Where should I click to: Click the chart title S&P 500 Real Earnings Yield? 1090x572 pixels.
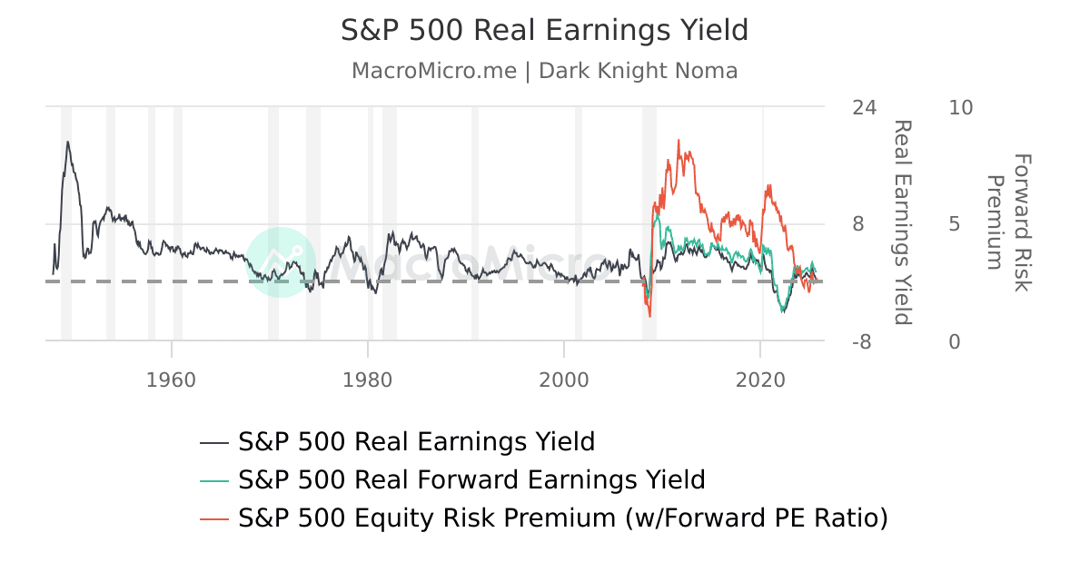click(x=544, y=30)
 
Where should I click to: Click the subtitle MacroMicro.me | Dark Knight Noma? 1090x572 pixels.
click(x=544, y=71)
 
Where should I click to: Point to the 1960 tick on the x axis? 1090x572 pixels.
click(x=171, y=378)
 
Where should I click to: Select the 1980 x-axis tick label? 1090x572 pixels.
click(x=367, y=378)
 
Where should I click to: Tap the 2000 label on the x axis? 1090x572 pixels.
click(x=564, y=378)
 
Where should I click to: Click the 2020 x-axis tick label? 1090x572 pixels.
click(x=760, y=378)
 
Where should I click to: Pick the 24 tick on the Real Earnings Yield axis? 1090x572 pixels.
click(x=865, y=107)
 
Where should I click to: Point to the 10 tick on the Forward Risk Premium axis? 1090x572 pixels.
click(x=960, y=107)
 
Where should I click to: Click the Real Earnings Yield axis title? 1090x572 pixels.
click(x=901, y=222)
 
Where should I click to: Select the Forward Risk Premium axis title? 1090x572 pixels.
click(x=1009, y=222)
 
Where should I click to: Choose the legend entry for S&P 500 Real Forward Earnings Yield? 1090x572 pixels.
click(x=471, y=479)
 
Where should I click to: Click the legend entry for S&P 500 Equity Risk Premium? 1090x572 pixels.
click(x=562, y=518)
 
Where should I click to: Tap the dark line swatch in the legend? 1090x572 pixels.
click(x=213, y=442)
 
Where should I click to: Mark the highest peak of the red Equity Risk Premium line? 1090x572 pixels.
click(x=679, y=141)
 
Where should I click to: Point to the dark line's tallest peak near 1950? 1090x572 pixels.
click(x=67, y=142)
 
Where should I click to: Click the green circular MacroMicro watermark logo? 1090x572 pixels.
click(x=281, y=261)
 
